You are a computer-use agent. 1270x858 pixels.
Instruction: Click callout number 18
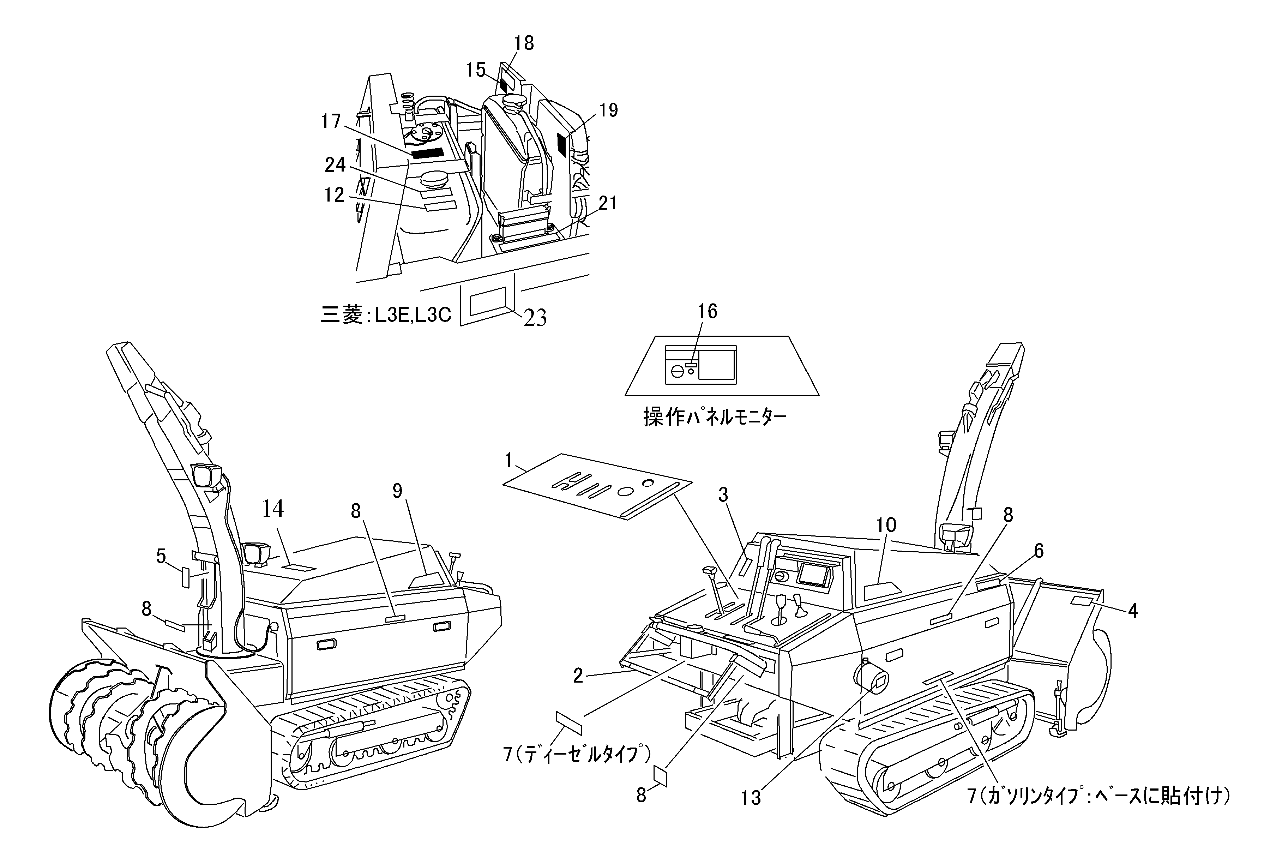[524, 43]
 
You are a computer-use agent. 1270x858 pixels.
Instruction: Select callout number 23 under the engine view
[535, 318]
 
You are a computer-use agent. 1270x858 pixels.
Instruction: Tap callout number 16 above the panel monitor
[708, 312]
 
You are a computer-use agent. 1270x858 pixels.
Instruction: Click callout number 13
[751, 798]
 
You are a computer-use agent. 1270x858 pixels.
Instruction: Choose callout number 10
[886, 525]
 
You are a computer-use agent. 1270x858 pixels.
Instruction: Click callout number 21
[607, 203]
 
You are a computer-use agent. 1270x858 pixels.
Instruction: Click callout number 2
[578, 676]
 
